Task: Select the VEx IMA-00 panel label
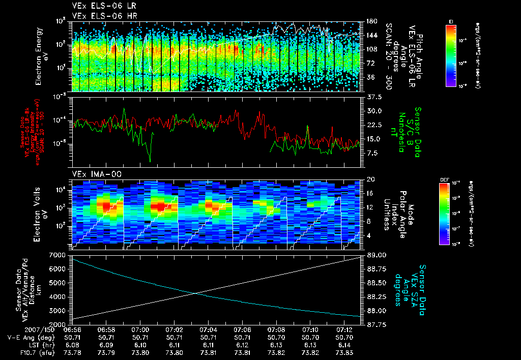[92, 174]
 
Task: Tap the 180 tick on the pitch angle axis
[370, 21]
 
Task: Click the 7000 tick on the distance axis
[61, 254]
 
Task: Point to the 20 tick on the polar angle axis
[369, 179]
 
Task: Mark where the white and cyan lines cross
[195, 292]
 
